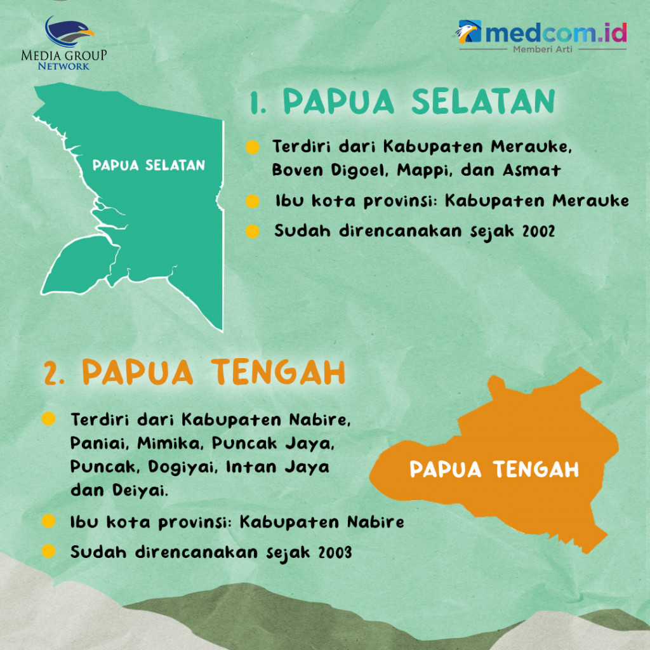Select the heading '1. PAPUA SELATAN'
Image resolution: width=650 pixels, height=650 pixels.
402,102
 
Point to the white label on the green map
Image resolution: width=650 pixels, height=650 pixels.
149,166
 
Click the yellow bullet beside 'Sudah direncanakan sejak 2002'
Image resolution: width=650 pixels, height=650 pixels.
253,232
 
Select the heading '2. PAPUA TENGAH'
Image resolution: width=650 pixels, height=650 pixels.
194,373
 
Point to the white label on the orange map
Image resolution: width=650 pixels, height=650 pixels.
494,470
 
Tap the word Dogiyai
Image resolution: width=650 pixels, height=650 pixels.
180,467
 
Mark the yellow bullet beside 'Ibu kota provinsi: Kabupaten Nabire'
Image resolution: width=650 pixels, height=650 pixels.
48,522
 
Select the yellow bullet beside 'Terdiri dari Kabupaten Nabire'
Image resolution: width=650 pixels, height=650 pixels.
48,420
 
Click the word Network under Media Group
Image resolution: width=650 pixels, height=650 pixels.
63,65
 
